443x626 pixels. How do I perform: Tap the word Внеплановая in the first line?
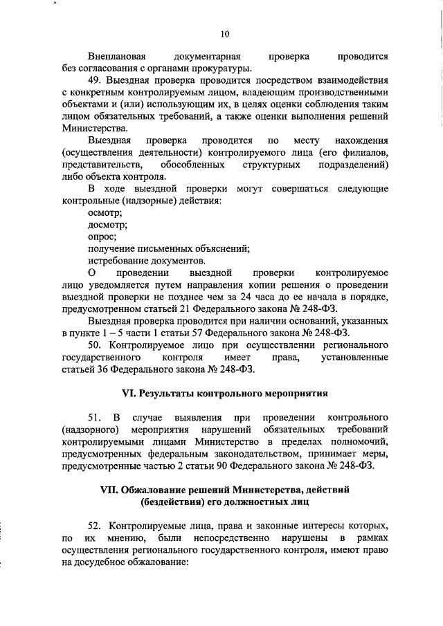pos(116,55)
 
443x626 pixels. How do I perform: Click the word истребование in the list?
pos(118,261)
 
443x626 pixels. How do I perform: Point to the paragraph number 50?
pos(94,344)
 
